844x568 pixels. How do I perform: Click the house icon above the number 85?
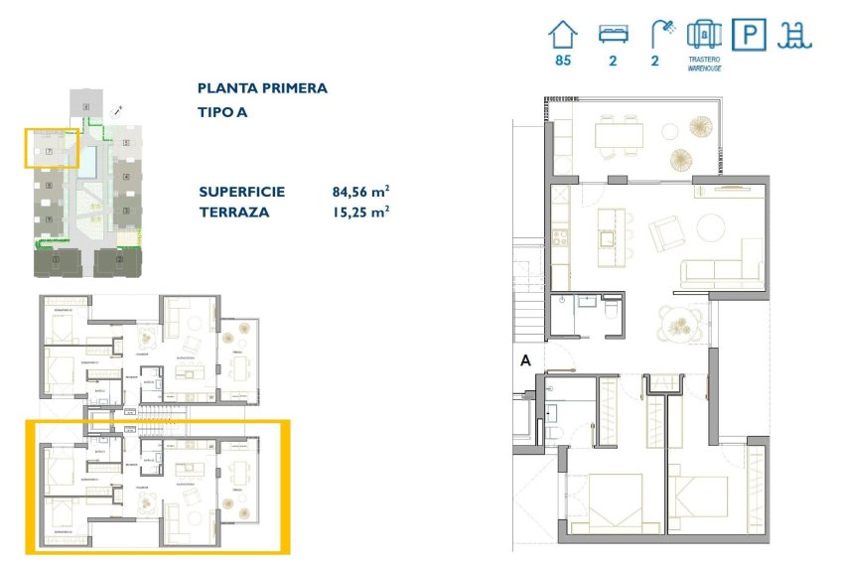(563, 36)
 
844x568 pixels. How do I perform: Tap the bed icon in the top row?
(613, 35)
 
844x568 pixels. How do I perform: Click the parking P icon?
(748, 36)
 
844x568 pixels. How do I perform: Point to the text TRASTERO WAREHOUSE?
(704, 65)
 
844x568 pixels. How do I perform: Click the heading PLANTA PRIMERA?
(262, 88)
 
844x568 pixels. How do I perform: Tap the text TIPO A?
(222, 112)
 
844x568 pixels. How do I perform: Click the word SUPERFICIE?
(242, 192)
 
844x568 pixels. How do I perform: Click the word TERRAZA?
(234, 212)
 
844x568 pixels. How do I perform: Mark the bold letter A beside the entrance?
(525, 362)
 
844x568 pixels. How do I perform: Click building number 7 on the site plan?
(49, 150)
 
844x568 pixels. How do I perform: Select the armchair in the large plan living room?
(664, 235)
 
